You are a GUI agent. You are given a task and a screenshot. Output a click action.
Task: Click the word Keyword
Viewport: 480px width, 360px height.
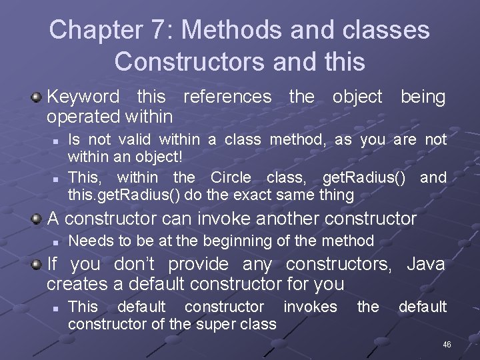[x=83, y=97]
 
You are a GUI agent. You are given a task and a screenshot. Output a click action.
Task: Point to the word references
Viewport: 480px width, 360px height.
[x=227, y=97]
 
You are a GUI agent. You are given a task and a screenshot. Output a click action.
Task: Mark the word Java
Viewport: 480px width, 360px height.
[x=425, y=264]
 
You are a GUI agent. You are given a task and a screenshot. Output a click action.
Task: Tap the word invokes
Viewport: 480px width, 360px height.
[x=310, y=307]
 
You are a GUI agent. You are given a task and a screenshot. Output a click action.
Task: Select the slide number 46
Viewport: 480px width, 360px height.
[x=447, y=345]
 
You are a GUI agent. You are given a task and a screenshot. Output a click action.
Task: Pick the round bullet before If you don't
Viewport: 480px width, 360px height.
[x=37, y=265]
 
